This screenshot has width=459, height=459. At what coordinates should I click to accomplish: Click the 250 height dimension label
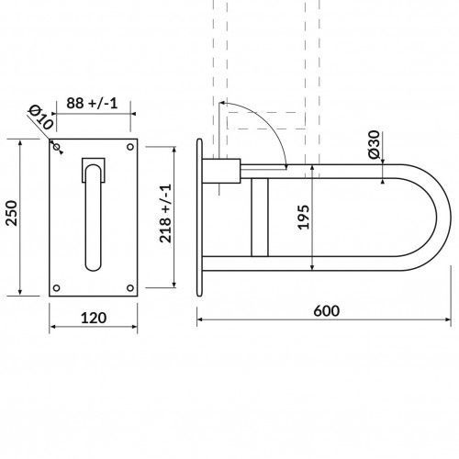coord(12,213)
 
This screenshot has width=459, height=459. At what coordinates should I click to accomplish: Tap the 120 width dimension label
coord(94,318)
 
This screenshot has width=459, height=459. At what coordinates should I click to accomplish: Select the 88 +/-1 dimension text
coord(92,104)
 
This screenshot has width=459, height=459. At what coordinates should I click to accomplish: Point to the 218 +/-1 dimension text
coord(165,214)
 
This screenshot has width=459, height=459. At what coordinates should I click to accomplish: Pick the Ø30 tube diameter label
coord(374,144)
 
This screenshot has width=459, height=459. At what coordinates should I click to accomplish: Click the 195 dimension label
coord(304,217)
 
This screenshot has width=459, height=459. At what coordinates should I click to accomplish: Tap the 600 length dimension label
coord(327,311)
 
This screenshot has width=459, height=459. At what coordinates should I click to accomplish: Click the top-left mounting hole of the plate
coord(57,147)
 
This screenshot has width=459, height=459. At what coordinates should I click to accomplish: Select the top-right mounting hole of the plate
coord(130,147)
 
